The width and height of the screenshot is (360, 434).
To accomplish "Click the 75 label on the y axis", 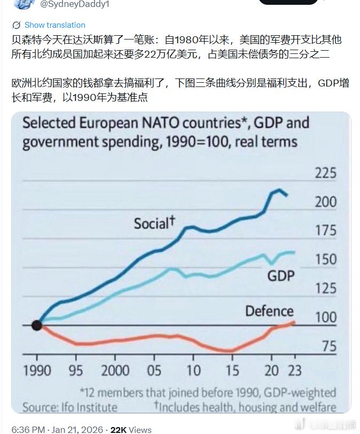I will point(329,346).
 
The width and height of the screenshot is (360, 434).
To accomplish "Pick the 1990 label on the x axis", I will point(37,370).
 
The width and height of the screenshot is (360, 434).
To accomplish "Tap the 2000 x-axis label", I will point(115,370).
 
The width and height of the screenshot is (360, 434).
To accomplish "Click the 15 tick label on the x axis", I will point(232,370).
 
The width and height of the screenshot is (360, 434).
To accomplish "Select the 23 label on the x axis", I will point(295,370).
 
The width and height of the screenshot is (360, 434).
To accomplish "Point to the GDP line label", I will point(281,275).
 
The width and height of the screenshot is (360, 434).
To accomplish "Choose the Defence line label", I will point(269,311).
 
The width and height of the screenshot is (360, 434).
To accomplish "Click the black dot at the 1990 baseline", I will point(37,325).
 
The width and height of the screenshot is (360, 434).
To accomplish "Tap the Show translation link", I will point(54,25).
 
